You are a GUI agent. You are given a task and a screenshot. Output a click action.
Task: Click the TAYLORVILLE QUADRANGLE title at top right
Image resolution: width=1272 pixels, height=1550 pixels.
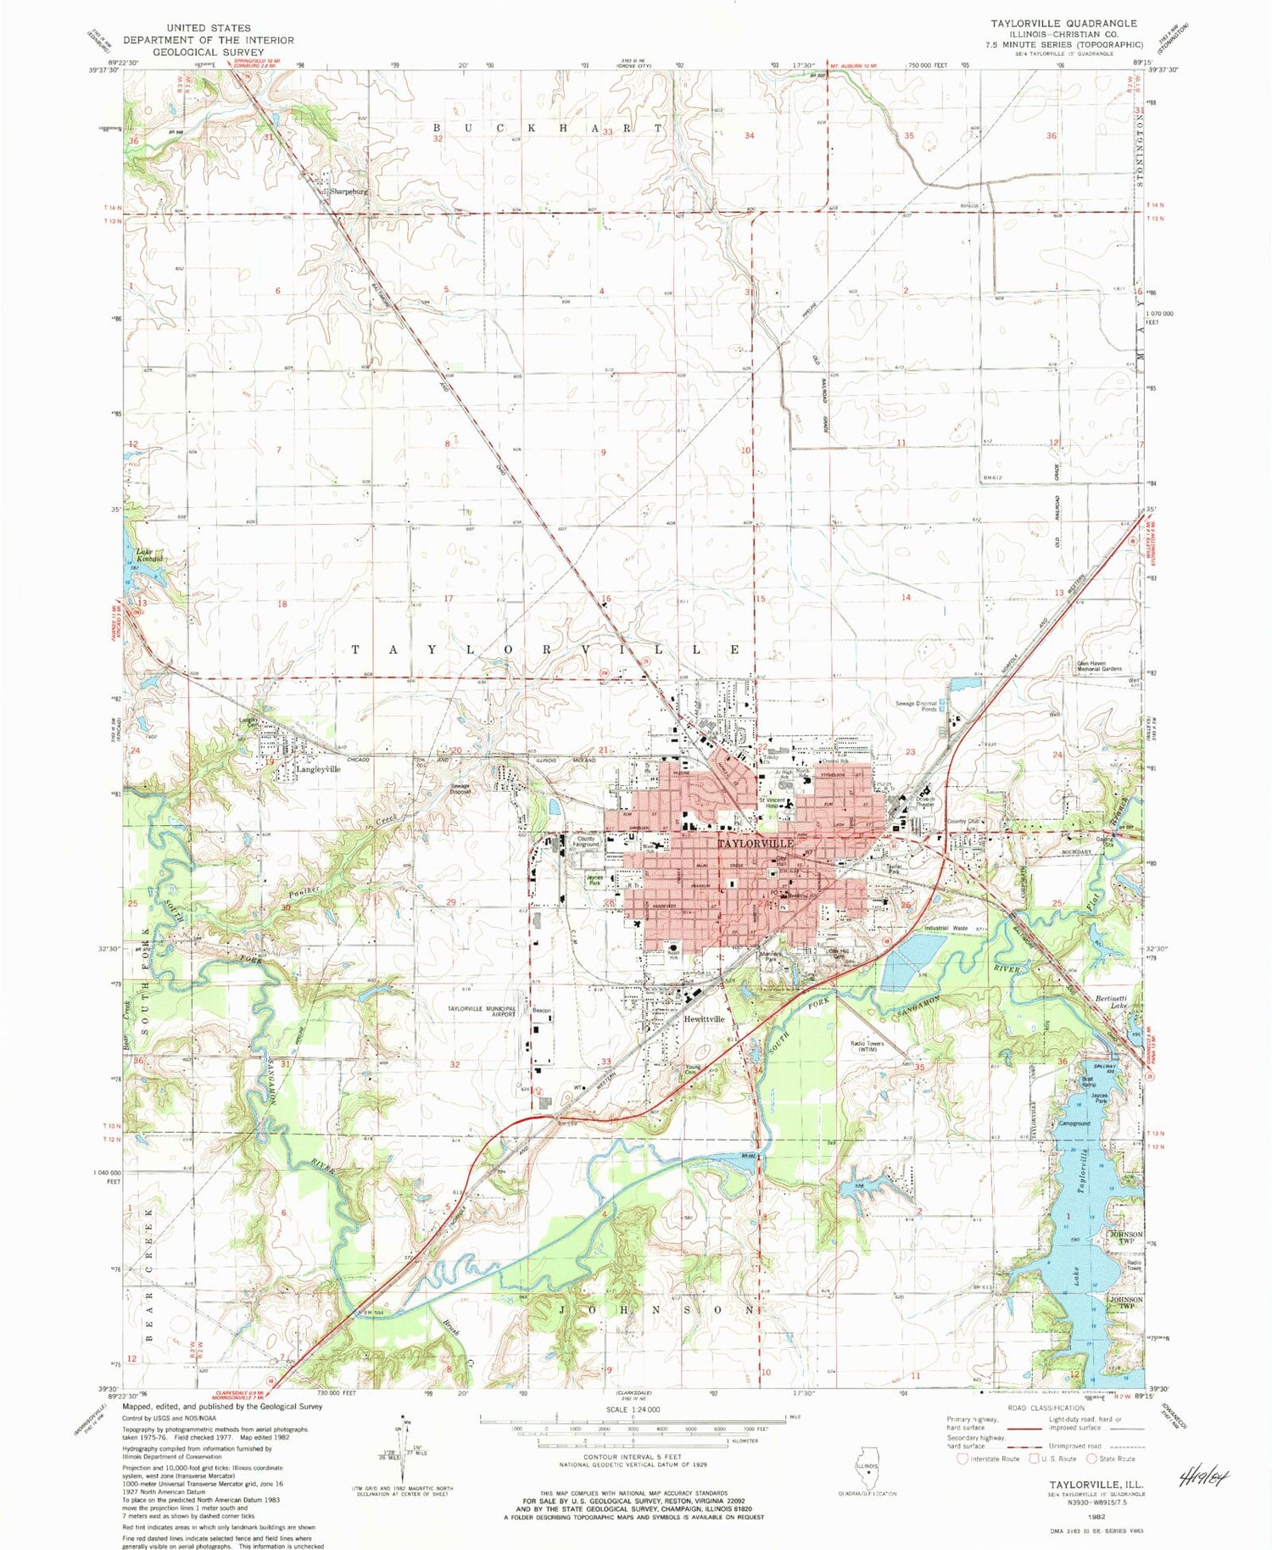click(1063, 23)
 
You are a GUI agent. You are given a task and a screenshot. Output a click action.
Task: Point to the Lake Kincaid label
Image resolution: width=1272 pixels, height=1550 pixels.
click(150, 555)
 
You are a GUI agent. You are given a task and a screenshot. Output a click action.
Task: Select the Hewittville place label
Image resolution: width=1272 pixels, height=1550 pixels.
click(704, 1019)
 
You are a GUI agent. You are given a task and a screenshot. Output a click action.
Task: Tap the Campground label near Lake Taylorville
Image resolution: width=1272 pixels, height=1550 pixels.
click(1074, 1123)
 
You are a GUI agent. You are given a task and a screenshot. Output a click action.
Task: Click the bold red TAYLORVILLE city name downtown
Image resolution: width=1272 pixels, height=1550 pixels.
click(756, 844)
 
